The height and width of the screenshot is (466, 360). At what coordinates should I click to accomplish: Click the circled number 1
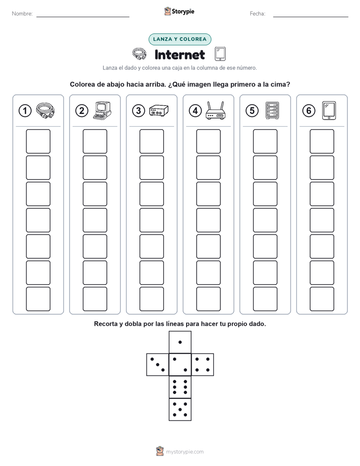(x=25, y=111)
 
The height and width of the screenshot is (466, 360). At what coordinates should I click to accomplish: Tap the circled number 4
(x=195, y=111)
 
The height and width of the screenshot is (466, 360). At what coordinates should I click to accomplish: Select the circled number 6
(x=309, y=111)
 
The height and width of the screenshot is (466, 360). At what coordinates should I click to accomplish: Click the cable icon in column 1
(x=45, y=110)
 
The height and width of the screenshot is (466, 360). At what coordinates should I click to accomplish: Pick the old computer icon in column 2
(x=102, y=110)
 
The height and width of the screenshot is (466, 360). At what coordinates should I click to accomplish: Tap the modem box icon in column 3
(x=159, y=110)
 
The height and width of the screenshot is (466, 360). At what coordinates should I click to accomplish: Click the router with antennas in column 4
(x=215, y=110)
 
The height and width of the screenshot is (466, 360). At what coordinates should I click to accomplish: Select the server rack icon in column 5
(x=272, y=111)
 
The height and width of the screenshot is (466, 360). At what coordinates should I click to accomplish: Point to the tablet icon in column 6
(x=329, y=111)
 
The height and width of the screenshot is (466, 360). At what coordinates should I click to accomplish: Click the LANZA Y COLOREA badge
(x=179, y=39)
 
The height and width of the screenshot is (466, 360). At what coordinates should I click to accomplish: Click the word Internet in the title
(x=179, y=54)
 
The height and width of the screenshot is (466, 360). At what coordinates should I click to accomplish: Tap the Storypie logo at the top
(x=179, y=12)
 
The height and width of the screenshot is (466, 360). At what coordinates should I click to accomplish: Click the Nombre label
(x=22, y=14)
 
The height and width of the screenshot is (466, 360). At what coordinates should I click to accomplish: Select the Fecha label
(x=258, y=14)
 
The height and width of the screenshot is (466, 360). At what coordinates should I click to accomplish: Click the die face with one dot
(x=180, y=342)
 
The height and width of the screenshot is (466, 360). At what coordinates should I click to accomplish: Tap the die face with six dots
(x=180, y=387)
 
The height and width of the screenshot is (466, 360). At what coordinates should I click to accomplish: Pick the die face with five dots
(x=180, y=410)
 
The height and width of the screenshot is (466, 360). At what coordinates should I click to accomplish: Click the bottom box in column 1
(x=38, y=299)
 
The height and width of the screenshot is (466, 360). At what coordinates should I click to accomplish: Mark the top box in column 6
(x=322, y=141)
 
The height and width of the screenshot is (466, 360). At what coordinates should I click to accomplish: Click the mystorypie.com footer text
(x=185, y=452)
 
